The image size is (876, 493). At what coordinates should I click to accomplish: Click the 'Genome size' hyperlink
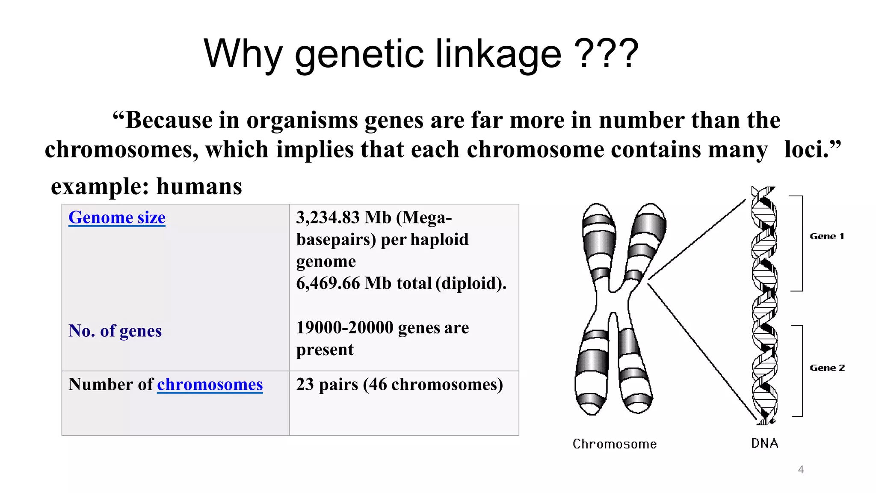coord(117,217)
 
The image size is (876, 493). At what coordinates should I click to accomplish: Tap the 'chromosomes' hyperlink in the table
coord(210,384)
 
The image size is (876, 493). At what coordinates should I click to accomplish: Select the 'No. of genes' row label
coord(115,331)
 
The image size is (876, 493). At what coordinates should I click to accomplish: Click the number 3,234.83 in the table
coord(328,217)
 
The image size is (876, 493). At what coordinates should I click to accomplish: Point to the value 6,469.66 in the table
coord(328,283)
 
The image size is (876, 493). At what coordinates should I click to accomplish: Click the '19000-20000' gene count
coord(345,327)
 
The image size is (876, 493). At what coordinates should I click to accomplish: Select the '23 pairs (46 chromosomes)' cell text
coord(400,384)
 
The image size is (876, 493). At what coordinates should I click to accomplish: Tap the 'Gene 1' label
coord(827,236)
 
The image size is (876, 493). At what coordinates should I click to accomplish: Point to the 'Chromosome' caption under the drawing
coord(615,444)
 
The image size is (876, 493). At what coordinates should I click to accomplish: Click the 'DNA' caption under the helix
coord(764,443)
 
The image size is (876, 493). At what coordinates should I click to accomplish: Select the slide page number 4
coord(801,469)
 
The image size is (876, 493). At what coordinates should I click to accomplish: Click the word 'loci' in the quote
coord(806,150)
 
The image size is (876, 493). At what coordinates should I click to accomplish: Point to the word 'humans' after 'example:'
coord(199,187)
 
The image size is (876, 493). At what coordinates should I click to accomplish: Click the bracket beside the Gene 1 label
coord(801,243)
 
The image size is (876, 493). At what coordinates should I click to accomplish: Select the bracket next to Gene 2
coord(801,371)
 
